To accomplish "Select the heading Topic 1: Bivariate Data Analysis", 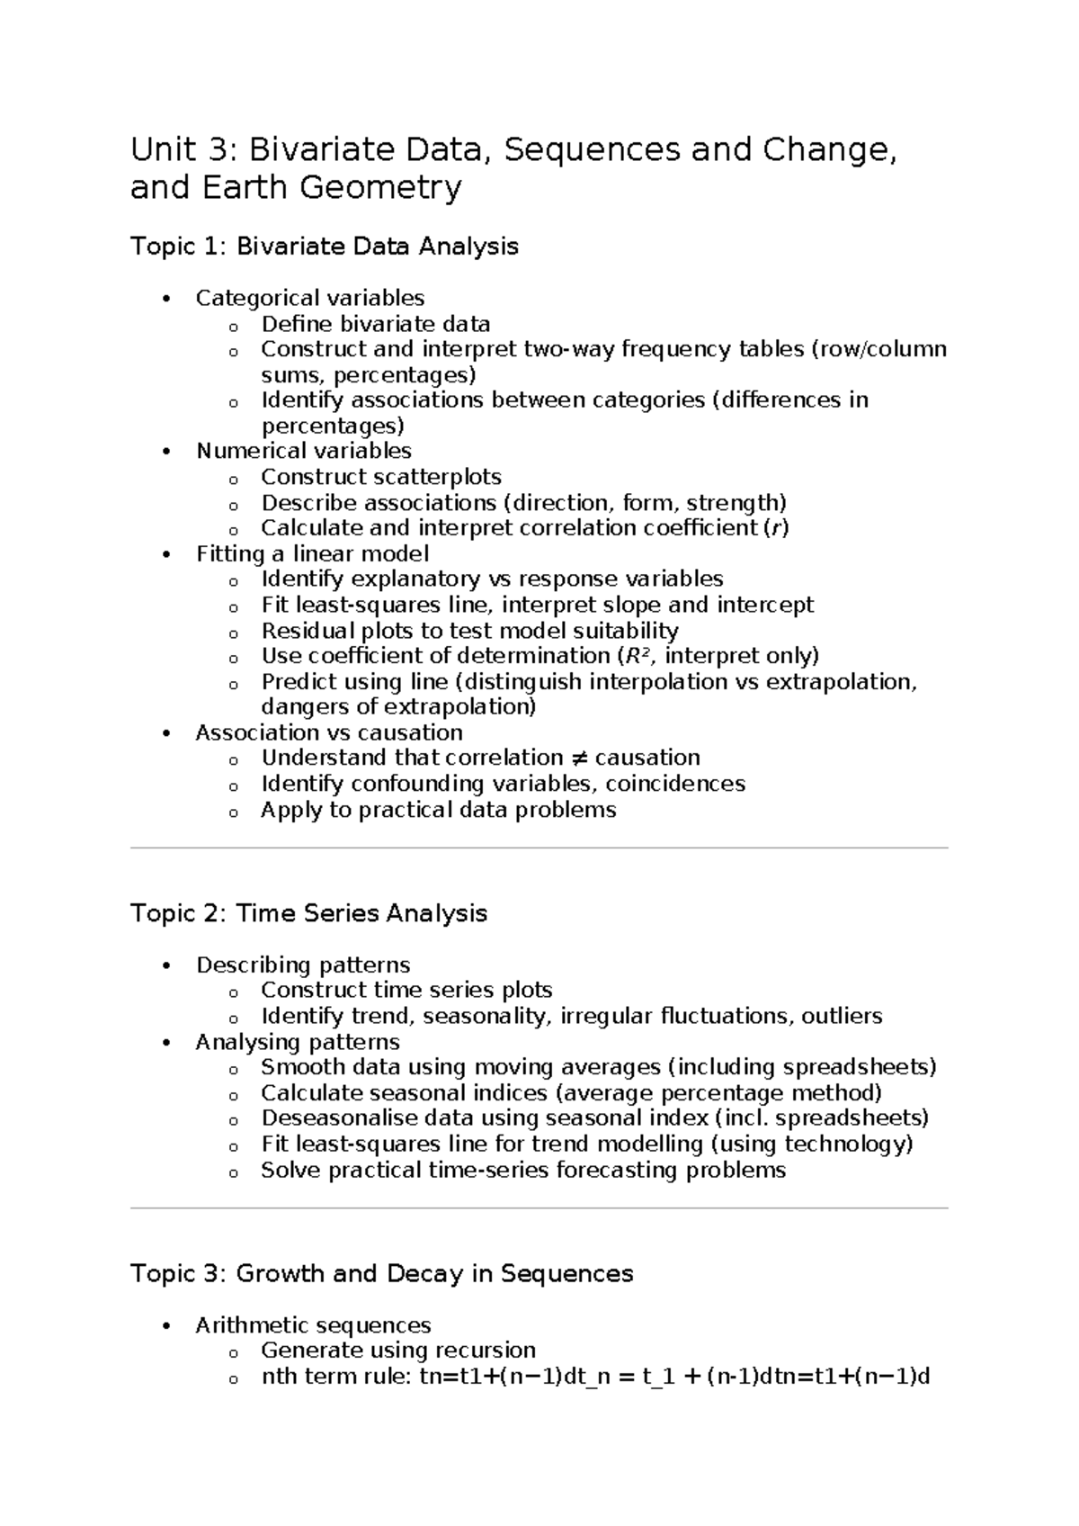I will (x=325, y=247).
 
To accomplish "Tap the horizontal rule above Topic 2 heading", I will (x=539, y=848).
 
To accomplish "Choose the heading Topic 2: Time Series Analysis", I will (x=309, y=913).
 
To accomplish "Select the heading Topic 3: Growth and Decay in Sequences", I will (x=382, y=1274).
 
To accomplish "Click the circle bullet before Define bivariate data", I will (x=234, y=326).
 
